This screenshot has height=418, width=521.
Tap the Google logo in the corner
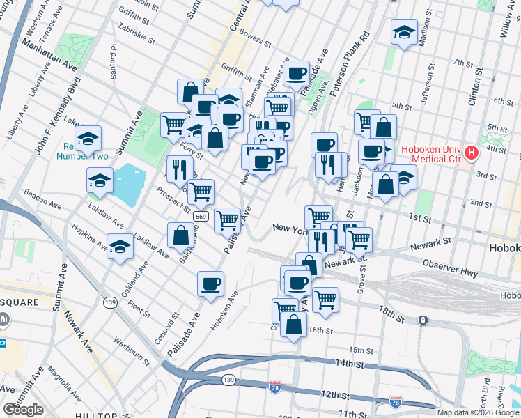23,409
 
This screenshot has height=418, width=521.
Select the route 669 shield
201,217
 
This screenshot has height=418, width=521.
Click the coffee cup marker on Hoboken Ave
210,284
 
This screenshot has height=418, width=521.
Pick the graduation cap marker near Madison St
404,31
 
